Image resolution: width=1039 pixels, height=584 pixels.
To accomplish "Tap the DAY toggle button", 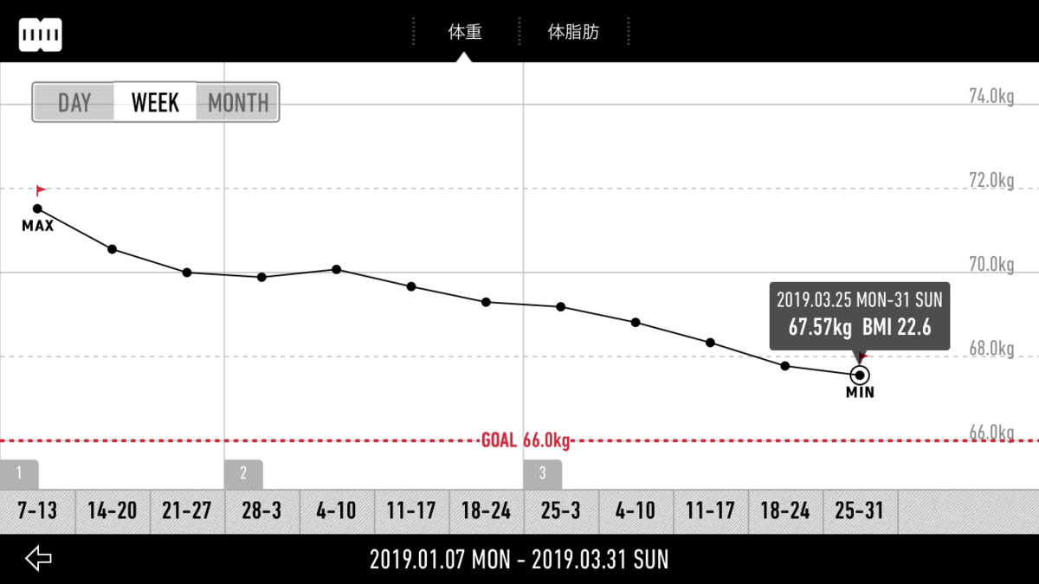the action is (x=74, y=102).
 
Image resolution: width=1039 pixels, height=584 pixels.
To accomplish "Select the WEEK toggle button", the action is (x=155, y=102).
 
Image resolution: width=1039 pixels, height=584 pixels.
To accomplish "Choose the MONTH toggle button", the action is (x=237, y=102).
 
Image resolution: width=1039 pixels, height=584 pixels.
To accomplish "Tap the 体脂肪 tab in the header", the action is (x=573, y=32).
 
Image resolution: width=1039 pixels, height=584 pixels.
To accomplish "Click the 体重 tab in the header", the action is (x=465, y=32).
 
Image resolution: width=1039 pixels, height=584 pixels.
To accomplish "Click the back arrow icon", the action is (x=38, y=558).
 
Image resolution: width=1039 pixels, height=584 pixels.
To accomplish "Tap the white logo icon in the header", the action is (x=41, y=35).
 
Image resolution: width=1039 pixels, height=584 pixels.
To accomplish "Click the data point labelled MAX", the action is (x=37, y=209).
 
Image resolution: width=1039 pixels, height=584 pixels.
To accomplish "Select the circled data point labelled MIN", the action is (x=860, y=375).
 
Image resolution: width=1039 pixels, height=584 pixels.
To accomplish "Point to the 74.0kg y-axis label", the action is (x=991, y=96).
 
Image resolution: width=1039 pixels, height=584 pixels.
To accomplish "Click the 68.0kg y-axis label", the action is (x=991, y=349).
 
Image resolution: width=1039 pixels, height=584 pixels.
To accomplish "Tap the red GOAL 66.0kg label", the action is (x=526, y=440).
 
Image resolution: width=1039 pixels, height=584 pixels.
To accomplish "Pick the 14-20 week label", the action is (x=113, y=510).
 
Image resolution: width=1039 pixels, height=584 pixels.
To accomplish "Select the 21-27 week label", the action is (x=187, y=510).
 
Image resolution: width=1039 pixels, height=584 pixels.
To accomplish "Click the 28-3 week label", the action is (x=261, y=510).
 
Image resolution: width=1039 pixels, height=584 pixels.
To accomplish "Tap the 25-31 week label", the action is (x=859, y=510).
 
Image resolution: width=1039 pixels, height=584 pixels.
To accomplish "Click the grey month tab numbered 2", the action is (x=243, y=474).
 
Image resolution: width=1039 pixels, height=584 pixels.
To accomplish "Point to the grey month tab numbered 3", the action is (x=543, y=474).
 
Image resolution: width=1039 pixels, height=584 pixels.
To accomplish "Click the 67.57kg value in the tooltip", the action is (x=820, y=327).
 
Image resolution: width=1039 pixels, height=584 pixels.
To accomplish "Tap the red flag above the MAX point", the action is (x=41, y=190).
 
